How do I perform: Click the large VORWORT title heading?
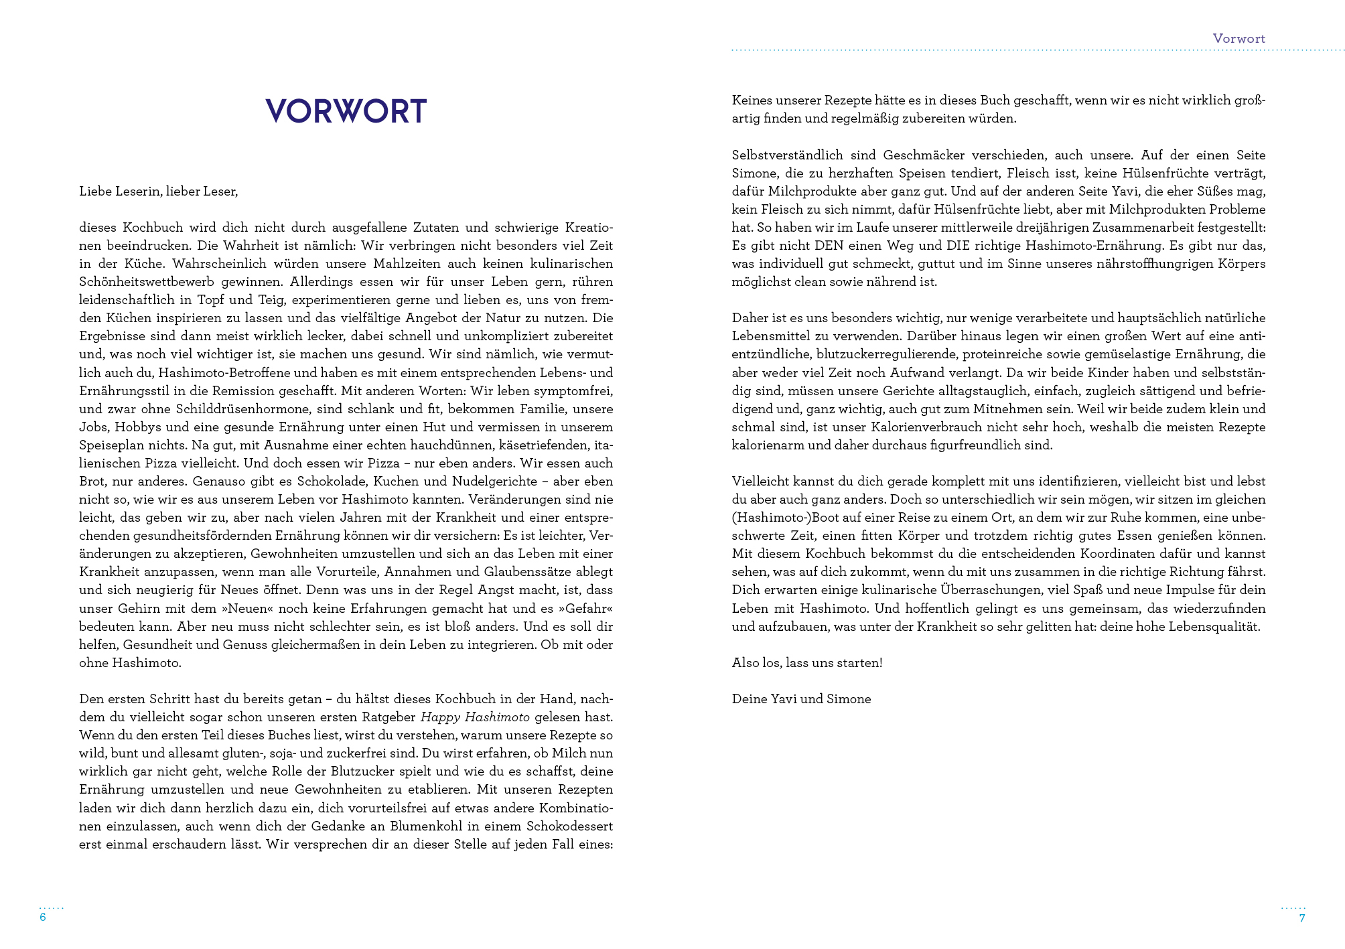pos(346,111)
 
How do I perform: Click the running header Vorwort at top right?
pos(1238,39)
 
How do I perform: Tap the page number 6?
pos(43,918)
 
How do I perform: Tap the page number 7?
pos(1301,918)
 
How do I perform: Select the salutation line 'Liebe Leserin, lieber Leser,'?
pos(158,192)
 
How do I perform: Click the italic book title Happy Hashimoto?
pos(475,717)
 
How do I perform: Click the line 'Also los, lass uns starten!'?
pos(806,663)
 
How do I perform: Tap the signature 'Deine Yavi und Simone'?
pos(801,699)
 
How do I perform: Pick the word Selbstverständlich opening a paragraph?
pos(787,155)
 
